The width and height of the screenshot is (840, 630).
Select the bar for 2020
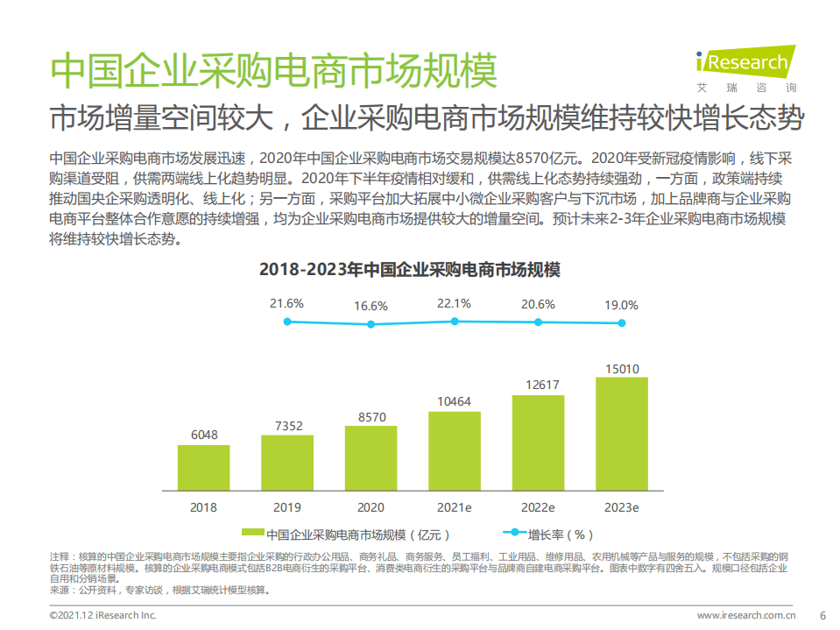click(x=371, y=457)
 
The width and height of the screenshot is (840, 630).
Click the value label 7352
click(x=287, y=426)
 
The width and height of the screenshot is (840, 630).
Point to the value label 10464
click(x=454, y=402)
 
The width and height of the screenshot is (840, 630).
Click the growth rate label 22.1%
click(x=454, y=303)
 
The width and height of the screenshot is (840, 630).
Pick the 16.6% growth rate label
click(x=371, y=306)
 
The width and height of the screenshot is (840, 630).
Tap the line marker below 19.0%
click(x=622, y=322)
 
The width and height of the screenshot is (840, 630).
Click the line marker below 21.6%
click(x=287, y=322)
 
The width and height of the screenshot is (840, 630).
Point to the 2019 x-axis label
click(x=287, y=506)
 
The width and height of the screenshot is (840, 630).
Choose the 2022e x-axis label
click(x=538, y=506)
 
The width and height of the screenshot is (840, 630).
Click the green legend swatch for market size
click(x=252, y=534)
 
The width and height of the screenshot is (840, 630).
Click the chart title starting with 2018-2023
click(x=409, y=270)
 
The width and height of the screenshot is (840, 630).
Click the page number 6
click(x=821, y=615)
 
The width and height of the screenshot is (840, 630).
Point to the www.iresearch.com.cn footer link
click(x=746, y=615)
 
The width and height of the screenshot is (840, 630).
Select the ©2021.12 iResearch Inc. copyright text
click(x=102, y=615)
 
